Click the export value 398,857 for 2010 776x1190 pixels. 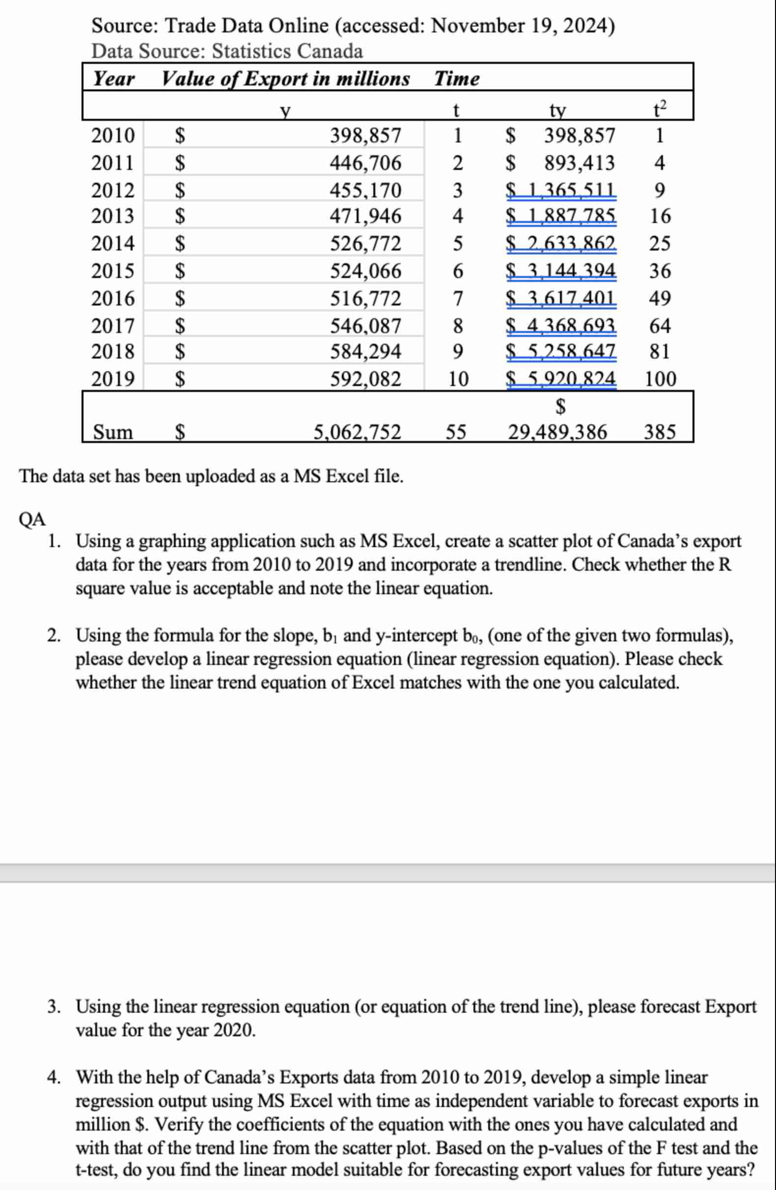click(x=365, y=136)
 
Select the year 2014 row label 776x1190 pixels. click(x=113, y=244)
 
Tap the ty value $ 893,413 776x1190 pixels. click(x=560, y=163)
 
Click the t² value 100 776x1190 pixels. click(x=660, y=379)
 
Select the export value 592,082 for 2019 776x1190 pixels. click(x=365, y=379)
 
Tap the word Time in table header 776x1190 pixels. click(x=456, y=79)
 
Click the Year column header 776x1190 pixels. click(x=114, y=79)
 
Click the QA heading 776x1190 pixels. click(x=32, y=520)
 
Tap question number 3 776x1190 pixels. click(x=54, y=1006)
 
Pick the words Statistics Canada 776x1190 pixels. click(x=287, y=51)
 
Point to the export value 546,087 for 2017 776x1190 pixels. click(x=365, y=326)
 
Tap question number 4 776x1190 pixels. click(x=54, y=1077)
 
